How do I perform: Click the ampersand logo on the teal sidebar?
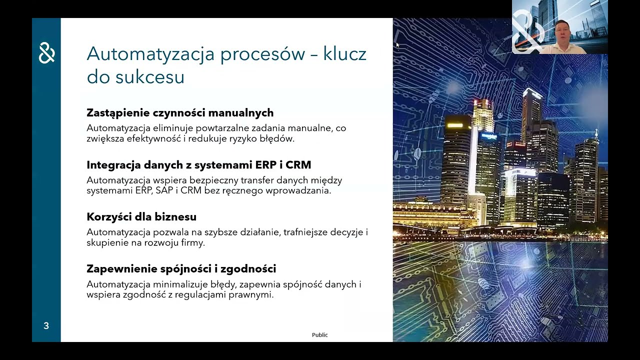[46, 53]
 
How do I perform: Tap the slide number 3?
[46, 326]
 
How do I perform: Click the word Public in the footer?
[319, 335]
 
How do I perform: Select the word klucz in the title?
[344, 54]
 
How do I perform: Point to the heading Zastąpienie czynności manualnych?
[180, 113]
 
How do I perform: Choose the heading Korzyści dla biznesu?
[141, 217]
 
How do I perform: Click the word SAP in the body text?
[164, 191]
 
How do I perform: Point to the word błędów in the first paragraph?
[277, 139]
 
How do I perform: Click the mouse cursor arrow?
[397, 45]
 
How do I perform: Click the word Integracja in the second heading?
[113, 165]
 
